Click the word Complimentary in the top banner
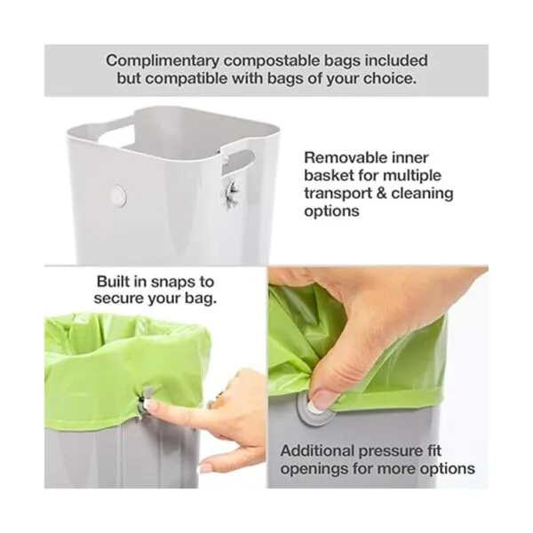point(163,61)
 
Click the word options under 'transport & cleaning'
point(331,211)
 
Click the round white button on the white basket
point(118,196)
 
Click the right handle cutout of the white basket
point(239,159)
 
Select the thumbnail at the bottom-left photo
point(204,468)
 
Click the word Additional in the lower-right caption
point(317,451)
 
